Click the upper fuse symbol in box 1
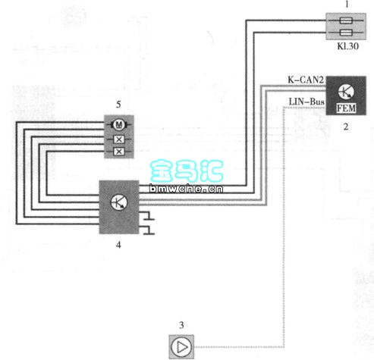[346, 20]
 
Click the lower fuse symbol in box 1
[346, 33]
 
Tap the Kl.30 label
[347, 46]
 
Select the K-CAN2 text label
[306, 80]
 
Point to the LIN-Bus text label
[306, 102]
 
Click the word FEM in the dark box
[346, 108]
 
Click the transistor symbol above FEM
[346, 92]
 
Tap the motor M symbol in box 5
[118, 124]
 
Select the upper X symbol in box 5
[118, 139]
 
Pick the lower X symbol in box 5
[118, 152]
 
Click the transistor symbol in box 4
[119, 202]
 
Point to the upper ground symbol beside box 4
[148, 216]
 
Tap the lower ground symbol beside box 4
[148, 230]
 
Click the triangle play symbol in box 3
[181, 347]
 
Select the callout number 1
[347, 5]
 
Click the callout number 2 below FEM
[346, 127]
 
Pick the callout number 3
[181, 325]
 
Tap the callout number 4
[118, 245]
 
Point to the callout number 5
[118, 105]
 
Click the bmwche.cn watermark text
[186, 189]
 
